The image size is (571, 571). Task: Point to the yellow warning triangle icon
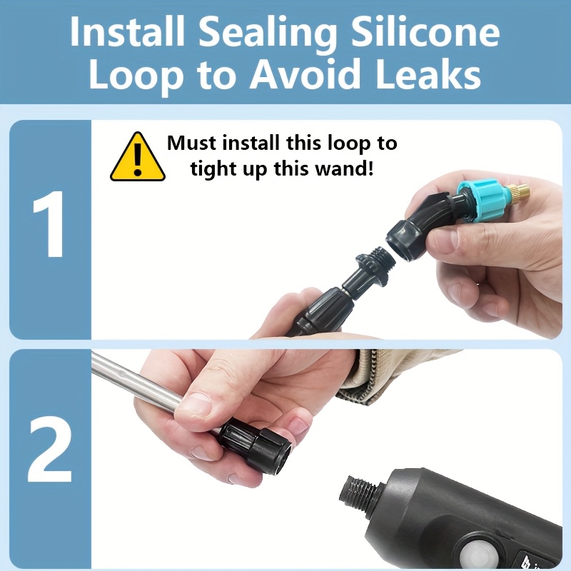tap(138, 157)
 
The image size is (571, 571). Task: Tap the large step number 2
tap(49, 449)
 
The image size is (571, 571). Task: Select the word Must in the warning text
tap(191, 143)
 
